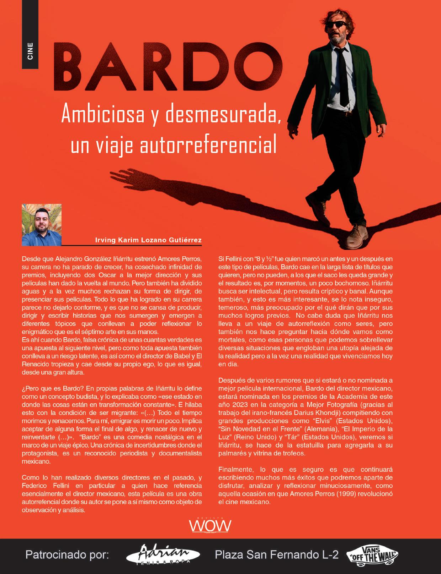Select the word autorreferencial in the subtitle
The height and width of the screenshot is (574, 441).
[x=209, y=145]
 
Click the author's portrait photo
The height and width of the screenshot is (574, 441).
[x=42, y=225]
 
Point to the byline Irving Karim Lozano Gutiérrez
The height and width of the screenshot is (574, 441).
[x=148, y=240]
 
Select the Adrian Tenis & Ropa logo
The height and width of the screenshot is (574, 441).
[x=164, y=554]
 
